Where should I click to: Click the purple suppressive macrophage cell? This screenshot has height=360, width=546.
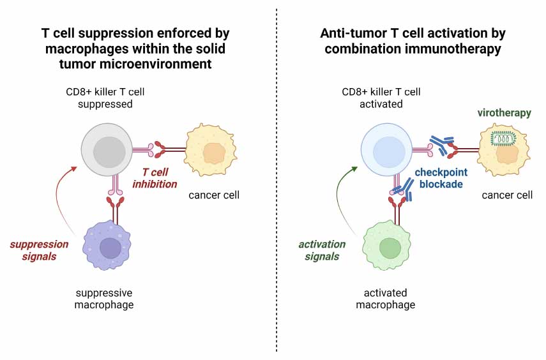110,245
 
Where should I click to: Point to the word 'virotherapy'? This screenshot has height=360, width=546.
504,113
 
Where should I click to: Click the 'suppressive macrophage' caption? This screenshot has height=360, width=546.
104,299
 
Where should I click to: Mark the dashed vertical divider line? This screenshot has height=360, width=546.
277,191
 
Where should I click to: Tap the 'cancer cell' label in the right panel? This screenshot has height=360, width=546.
507,195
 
